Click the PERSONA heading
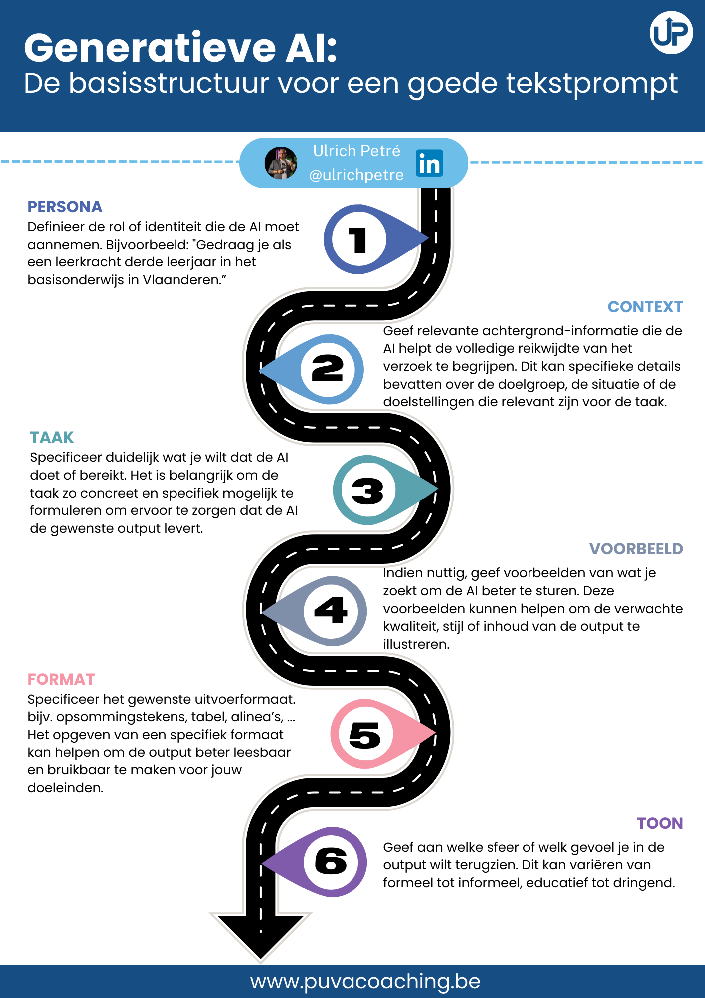(65, 207)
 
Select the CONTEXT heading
(645, 307)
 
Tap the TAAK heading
(52, 437)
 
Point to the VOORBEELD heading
(636, 549)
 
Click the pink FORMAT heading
(61, 679)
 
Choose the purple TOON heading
(660, 823)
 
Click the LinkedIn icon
(429, 163)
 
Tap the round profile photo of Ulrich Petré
(281, 163)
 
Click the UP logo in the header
(671, 33)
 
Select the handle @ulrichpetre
(356, 175)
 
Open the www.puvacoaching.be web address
(365, 981)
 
